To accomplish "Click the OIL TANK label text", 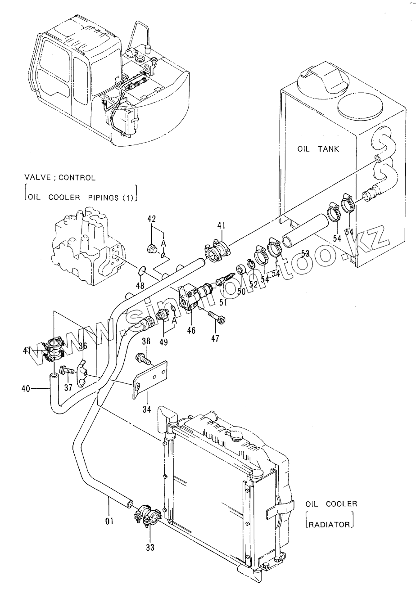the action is point(318,149).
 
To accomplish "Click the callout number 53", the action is point(305,254).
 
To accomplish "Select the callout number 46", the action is point(191,330).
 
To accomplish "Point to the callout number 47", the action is point(215,338).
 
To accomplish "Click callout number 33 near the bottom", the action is point(150,548).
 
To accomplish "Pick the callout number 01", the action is point(109,521).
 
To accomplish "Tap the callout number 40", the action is point(26,388).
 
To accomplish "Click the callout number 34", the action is point(147,409).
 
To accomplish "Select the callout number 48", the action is point(140,285).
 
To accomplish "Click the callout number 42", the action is point(151,219).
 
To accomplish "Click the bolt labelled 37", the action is point(68,371).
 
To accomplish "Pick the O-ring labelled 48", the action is point(141,270).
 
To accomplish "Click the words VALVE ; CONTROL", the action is point(60,178).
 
